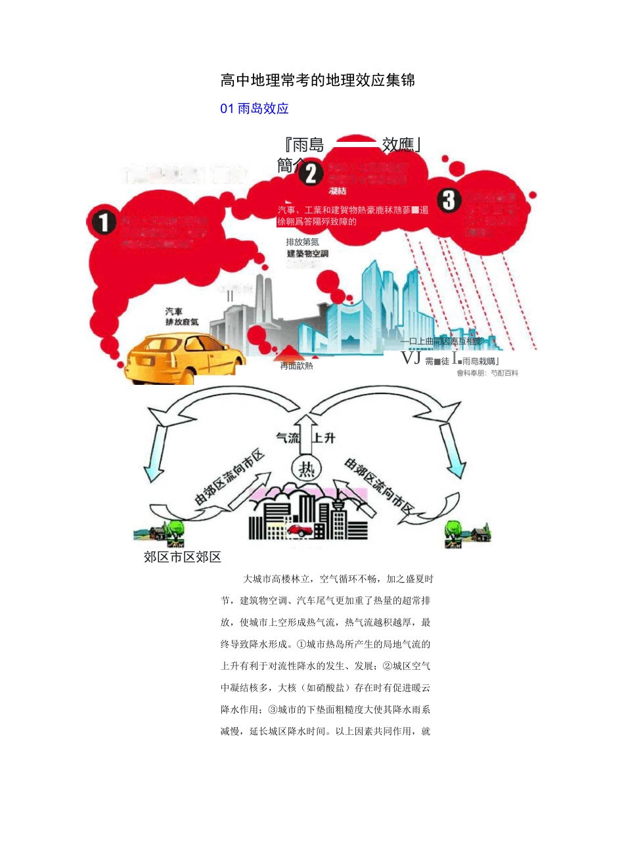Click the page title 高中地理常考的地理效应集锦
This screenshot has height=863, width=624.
pos(318,81)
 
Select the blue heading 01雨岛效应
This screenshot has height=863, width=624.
pos(255,109)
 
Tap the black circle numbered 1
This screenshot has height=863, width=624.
pos(103,222)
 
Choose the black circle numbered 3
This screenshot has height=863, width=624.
pos(449,200)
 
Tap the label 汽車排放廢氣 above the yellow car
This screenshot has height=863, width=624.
pos(181,317)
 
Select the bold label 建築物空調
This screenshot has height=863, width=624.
pos(307,254)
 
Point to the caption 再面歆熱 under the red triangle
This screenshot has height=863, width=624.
pos(297,366)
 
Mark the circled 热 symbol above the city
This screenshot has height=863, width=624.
pos(306,469)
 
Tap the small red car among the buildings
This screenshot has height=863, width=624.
pos(300,529)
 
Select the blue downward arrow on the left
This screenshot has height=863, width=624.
pos(154,453)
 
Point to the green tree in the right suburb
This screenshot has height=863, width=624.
pos(453,529)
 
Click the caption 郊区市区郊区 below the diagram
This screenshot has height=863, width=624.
pos(183,558)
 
